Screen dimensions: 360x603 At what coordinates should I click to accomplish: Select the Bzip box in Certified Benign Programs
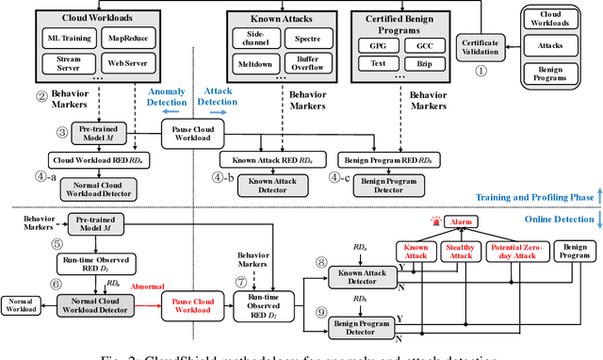coord(425,65)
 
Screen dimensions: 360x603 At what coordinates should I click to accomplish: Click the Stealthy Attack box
coord(461,251)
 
